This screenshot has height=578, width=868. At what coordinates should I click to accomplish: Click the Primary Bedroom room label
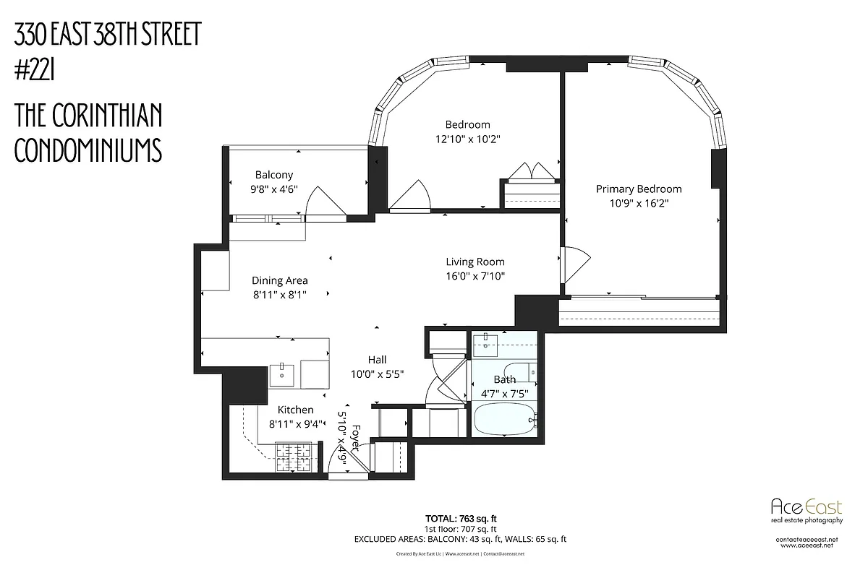[639, 189]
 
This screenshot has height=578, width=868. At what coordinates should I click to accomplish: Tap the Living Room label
[475, 262]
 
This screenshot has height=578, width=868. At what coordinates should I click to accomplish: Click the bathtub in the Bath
[504, 419]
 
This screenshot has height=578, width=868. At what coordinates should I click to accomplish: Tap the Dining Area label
[280, 280]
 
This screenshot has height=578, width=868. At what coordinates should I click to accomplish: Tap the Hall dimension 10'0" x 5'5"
[377, 374]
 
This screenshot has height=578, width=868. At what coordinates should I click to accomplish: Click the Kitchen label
[296, 410]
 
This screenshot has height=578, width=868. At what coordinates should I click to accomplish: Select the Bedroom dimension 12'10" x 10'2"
[467, 138]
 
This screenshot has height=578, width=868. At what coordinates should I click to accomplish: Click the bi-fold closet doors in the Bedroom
[531, 173]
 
